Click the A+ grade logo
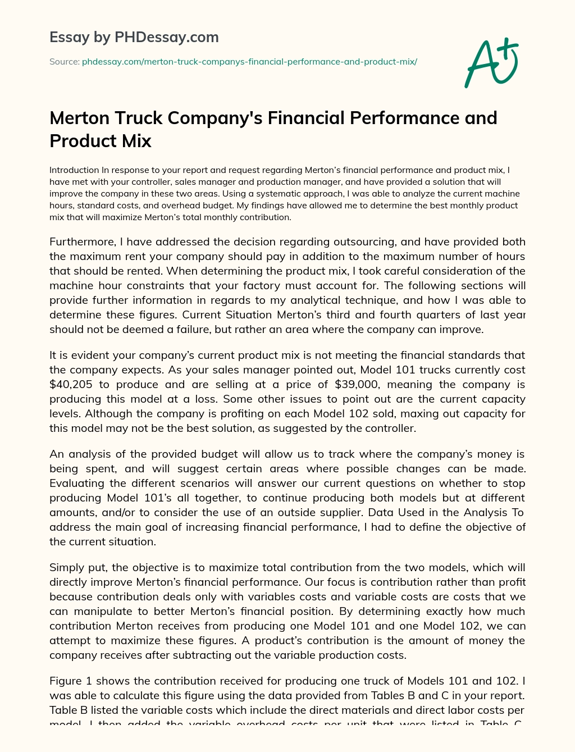point(492,62)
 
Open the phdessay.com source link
point(249,62)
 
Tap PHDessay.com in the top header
point(166,37)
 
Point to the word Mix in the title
point(138,140)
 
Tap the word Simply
point(67,567)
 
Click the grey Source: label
point(64,62)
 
